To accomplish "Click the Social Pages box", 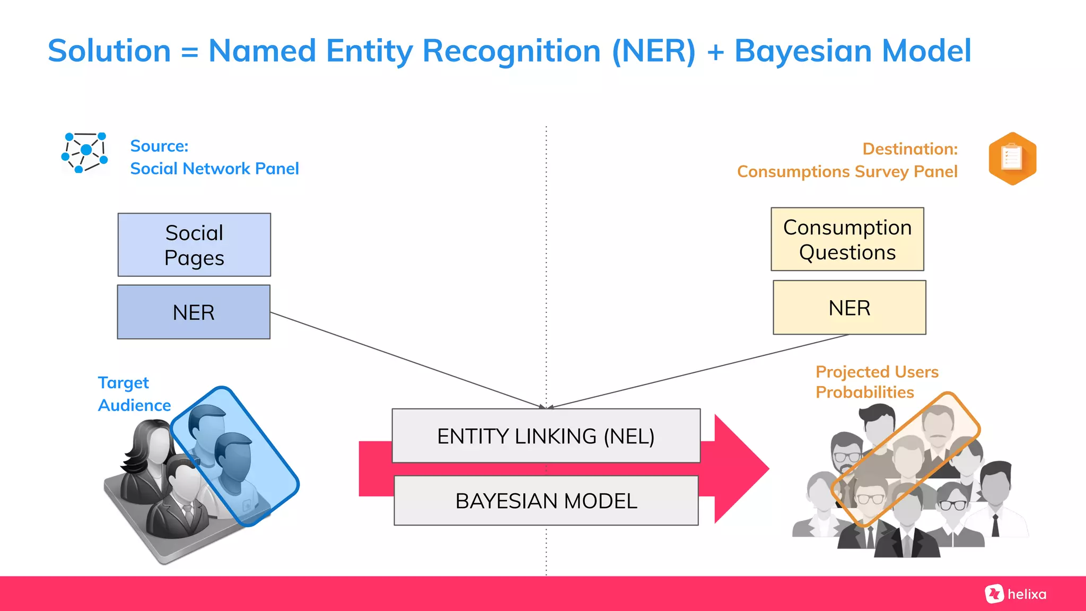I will (194, 245).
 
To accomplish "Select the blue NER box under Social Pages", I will (194, 312).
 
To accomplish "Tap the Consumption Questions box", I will (847, 239).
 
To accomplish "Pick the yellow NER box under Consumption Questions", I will (849, 308).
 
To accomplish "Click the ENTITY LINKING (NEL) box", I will (546, 435).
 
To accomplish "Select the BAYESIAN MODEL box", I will (546, 500).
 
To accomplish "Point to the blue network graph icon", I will (85, 152).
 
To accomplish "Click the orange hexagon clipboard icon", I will (1012, 158).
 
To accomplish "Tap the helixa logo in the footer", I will (1015, 594).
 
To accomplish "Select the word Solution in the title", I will (109, 51).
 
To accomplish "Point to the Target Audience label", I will (134, 394).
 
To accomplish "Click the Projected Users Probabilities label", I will (876, 382).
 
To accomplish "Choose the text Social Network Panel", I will (214, 169).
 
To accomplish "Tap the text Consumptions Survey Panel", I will (847, 172).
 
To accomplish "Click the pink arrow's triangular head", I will (740, 469).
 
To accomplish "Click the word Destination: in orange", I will (910, 149).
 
